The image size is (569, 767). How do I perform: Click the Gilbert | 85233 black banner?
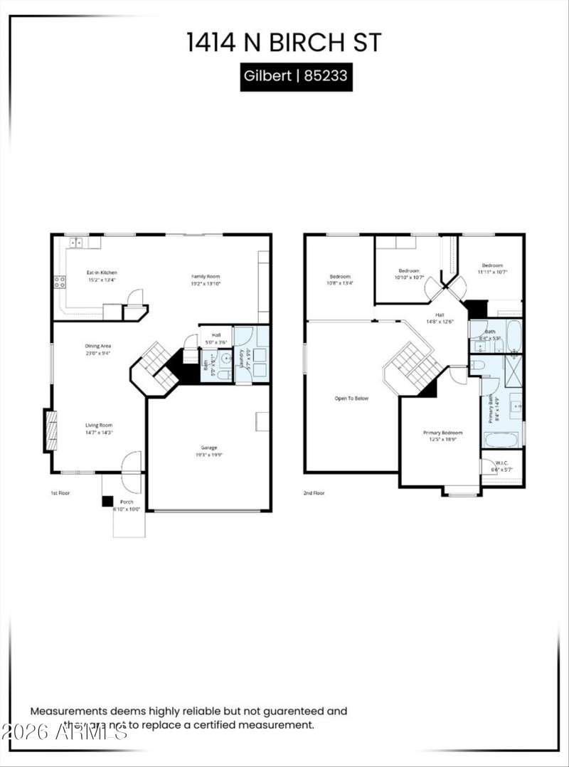(296, 75)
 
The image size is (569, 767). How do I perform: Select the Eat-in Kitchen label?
(102, 273)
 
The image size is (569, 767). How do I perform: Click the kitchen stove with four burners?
(59, 282)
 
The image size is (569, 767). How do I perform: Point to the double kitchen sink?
(76, 243)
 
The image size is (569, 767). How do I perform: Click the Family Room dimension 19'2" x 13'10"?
(206, 283)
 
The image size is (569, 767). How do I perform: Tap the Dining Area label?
(98, 346)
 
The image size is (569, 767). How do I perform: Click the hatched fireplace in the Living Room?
(50, 430)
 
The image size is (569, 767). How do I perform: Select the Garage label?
(208, 447)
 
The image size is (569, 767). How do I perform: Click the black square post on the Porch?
(107, 502)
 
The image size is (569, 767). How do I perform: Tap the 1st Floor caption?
(60, 492)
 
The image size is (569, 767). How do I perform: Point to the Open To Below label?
(351, 398)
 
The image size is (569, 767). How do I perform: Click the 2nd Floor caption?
(314, 492)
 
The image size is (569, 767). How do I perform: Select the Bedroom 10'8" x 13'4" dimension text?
(339, 283)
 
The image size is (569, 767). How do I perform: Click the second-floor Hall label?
(440, 314)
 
